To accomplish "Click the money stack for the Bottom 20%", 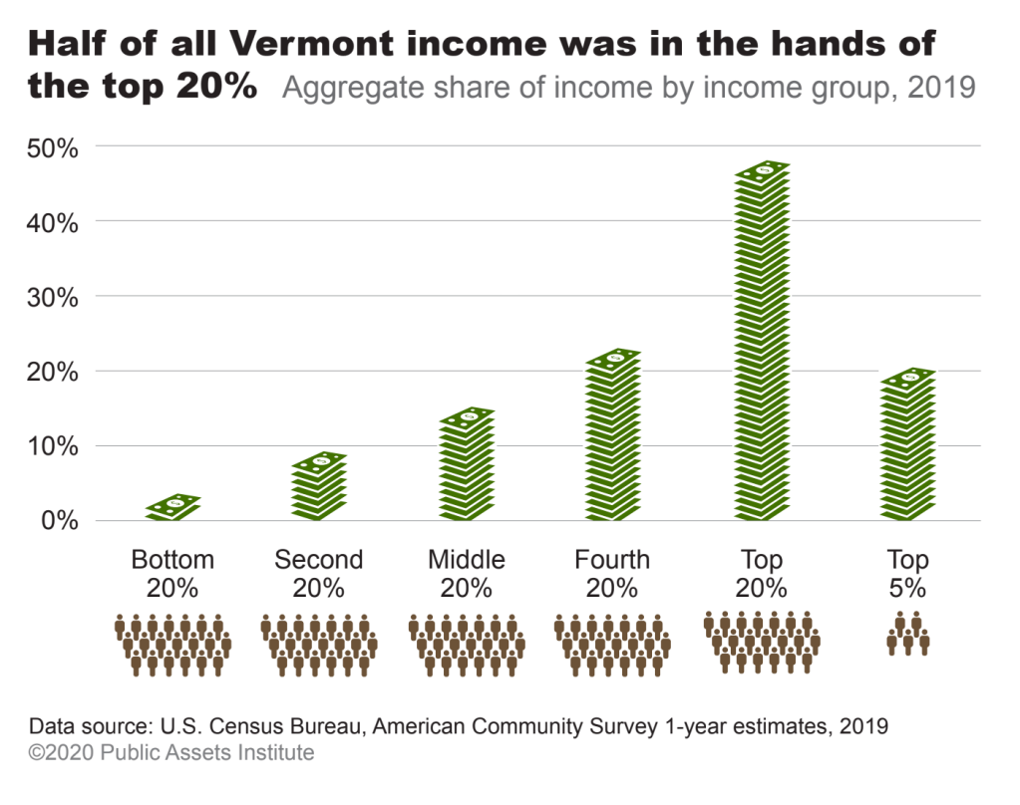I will point(173,507).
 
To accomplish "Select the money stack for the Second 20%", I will point(319,486).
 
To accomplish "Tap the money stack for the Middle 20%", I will point(467,464).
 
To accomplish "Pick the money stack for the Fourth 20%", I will point(612,435).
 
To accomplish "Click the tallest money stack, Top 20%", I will point(762,341).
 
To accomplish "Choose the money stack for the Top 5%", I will point(907,444).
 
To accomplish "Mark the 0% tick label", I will point(58,521).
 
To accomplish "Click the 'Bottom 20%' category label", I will point(172,573).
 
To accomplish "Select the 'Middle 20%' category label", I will point(466,573).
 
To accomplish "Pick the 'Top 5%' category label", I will point(907,573).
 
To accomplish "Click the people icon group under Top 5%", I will point(907,634).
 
